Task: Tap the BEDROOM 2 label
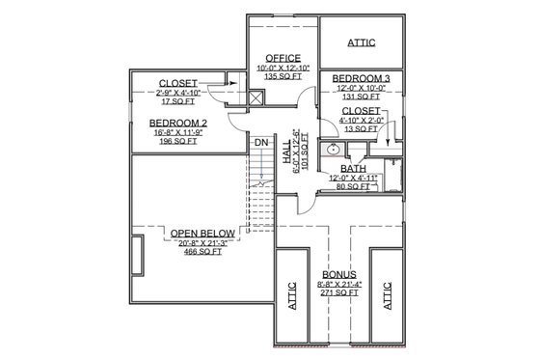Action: [177, 123]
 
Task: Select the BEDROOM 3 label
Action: [361, 77]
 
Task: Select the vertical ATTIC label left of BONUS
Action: [289, 291]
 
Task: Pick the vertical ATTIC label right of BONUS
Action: [389, 291]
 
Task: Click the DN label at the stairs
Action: [260, 144]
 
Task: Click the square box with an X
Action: [256, 97]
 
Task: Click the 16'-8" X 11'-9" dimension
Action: [177, 131]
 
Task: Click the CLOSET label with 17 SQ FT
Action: [177, 82]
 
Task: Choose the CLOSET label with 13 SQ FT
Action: [361, 112]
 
